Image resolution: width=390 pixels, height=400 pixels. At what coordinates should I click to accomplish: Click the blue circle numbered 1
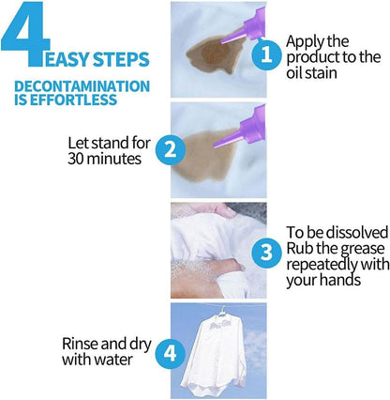click(266, 54)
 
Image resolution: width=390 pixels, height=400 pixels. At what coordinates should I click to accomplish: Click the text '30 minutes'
click(104, 159)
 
